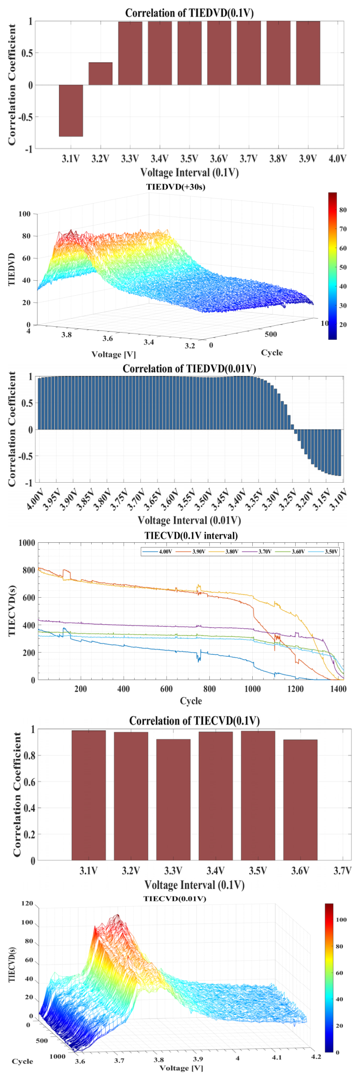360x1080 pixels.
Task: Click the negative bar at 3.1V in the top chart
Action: click(x=71, y=110)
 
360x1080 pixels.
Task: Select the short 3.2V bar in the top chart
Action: click(x=100, y=74)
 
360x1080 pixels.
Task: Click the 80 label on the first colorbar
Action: click(x=343, y=210)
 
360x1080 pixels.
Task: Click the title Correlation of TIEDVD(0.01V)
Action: click(x=189, y=369)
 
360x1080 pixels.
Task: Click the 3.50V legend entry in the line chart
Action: click(x=330, y=552)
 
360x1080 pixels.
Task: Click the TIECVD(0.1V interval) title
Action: click(x=190, y=536)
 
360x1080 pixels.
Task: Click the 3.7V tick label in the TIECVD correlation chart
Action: click(x=342, y=871)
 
